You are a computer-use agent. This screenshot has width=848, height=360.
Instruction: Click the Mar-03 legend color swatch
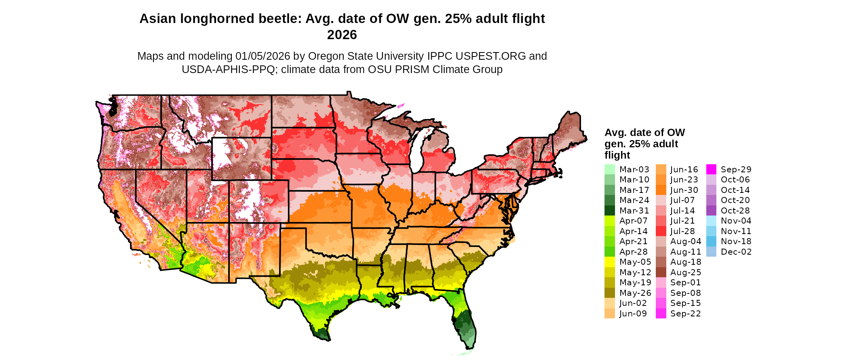[x=609, y=170]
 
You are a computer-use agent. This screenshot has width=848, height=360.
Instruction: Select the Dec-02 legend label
[x=736, y=252]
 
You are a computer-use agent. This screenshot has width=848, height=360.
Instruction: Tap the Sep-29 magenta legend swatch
[x=711, y=170]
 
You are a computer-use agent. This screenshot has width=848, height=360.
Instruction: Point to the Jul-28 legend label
[x=682, y=231]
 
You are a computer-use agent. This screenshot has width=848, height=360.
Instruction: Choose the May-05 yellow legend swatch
[x=609, y=262]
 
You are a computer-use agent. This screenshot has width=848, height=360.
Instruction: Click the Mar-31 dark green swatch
[x=609, y=211]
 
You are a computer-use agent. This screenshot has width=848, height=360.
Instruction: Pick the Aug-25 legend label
[x=685, y=272]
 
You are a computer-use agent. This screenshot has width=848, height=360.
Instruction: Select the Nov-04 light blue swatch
[x=711, y=221]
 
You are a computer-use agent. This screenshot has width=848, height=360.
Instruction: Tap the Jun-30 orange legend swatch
[x=661, y=190]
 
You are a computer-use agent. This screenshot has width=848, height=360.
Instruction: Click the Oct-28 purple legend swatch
[x=711, y=211]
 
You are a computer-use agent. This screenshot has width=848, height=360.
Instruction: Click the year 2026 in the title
[x=342, y=35]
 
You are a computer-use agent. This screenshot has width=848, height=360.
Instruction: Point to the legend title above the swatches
[x=644, y=144]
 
